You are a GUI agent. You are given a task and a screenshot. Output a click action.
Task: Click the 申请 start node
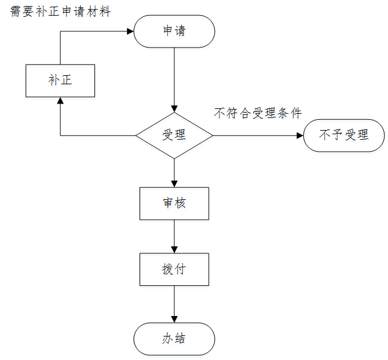pyautogui.click(x=174, y=31)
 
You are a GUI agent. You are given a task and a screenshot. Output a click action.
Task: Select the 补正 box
pyautogui.click(x=60, y=81)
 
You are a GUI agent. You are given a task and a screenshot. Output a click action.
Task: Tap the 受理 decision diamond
pyautogui.click(x=174, y=135)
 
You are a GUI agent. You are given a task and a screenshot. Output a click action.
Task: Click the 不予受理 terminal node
pyautogui.click(x=343, y=135)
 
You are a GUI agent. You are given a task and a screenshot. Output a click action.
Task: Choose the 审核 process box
pyautogui.click(x=174, y=203)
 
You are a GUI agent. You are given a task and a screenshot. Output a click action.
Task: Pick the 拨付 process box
pyautogui.click(x=174, y=269)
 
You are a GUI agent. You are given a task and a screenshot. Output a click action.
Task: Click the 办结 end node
pyautogui.click(x=174, y=339)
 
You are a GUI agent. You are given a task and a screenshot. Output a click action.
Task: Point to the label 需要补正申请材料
pyautogui.click(x=61, y=11)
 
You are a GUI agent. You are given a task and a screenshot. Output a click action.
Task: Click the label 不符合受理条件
pyautogui.click(x=257, y=113)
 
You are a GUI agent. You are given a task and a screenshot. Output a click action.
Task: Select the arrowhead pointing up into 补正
pyautogui.click(x=60, y=101)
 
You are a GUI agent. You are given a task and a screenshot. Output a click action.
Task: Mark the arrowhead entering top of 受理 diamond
pyautogui.click(x=174, y=108)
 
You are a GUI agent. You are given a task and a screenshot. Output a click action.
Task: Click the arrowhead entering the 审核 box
pyautogui.click(x=174, y=183)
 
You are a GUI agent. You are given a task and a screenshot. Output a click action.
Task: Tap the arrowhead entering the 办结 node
pyautogui.click(x=174, y=318)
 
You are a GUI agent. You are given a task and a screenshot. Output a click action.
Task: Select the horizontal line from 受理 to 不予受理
pyautogui.click(x=256, y=135)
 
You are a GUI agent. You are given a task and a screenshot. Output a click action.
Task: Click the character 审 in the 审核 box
pyautogui.click(x=168, y=203)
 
